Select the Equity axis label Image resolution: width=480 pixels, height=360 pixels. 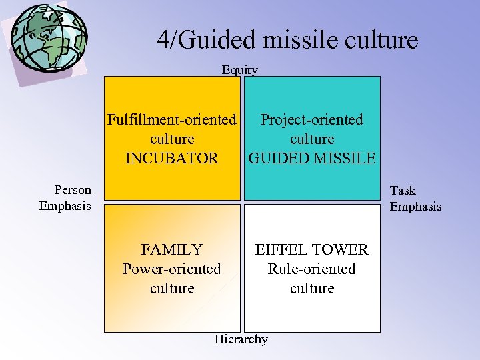[240, 69]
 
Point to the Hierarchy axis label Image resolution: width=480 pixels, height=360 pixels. [241, 339]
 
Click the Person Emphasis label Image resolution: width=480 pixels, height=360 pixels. [65, 198]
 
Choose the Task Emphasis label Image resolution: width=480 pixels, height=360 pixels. [415, 199]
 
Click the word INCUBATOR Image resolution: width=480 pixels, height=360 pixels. [172, 159]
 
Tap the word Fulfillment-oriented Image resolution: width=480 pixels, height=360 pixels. [172, 120]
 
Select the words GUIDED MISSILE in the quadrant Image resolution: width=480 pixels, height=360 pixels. [312, 159]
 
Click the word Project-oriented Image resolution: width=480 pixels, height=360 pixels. [312, 120]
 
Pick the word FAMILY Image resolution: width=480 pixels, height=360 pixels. [172, 250]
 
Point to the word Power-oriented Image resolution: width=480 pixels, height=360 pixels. [172, 269]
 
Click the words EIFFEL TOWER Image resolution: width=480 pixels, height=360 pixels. [312, 250]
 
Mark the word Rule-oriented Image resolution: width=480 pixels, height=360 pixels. [312, 269]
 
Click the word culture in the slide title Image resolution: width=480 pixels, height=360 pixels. [380, 40]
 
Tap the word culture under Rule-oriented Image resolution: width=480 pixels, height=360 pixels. [312, 289]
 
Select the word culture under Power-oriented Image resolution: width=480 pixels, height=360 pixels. [172, 289]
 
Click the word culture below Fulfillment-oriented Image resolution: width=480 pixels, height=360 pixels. [172, 139]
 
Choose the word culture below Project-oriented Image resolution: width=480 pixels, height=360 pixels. [312, 139]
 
